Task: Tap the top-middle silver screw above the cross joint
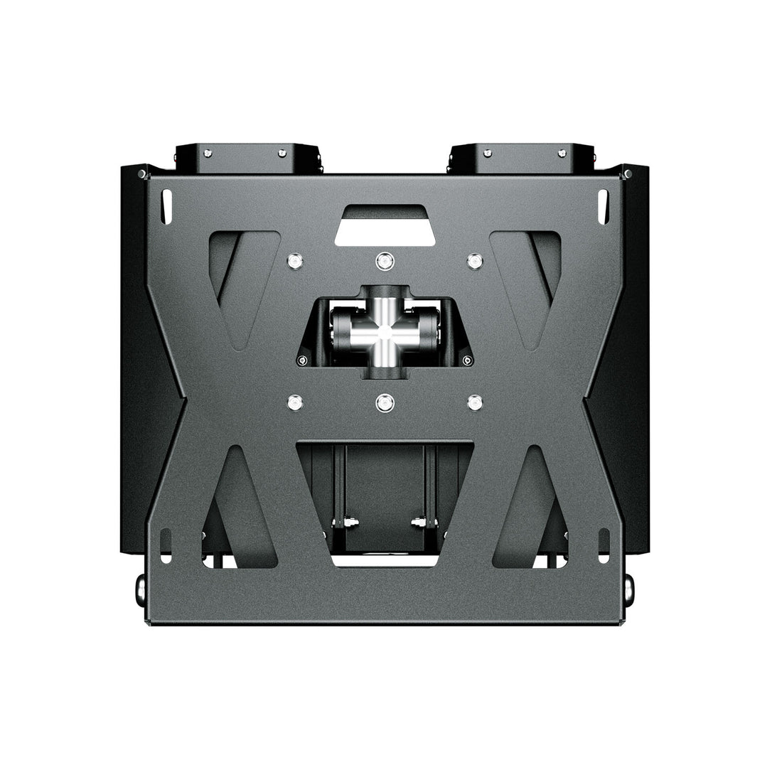(384, 261)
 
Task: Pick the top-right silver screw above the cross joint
(473, 261)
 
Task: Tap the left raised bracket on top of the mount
(249, 159)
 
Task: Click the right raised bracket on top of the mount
(519, 159)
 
